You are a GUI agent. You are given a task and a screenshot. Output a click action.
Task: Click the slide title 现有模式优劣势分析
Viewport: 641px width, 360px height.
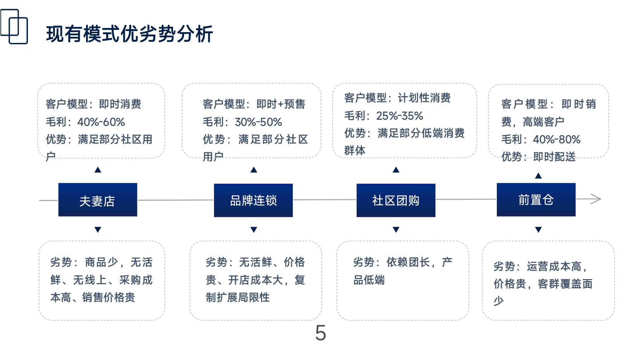pyautogui.click(x=130, y=34)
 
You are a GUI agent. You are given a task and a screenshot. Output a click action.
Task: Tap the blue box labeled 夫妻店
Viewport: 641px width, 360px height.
pyautogui.click(x=98, y=200)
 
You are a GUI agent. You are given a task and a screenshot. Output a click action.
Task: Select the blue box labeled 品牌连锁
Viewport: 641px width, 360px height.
pyautogui.click(x=253, y=200)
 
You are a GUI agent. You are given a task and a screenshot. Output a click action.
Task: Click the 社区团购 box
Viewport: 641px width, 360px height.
pyautogui.click(x=396, y=200)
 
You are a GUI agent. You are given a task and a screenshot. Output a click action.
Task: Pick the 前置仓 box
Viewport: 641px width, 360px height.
pyautogui.click(x=536, y=200)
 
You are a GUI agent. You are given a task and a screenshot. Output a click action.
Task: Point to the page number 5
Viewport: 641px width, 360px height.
pyautogui.click(x=320, y=333)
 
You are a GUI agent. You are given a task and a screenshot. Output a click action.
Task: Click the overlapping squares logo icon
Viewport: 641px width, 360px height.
pyautogui.click(x=14, y=27)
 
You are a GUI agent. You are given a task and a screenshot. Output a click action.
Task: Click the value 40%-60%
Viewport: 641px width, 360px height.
pyautogui.click(x=101, y=122)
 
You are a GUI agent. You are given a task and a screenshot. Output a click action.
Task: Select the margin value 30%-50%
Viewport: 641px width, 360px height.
pyautogui.click(x=258, y=122)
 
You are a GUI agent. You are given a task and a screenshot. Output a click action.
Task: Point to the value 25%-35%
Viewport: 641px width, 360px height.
pyautogui.click(x=399, y=116)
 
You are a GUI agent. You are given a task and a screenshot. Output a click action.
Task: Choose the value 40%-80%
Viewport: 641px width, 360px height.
pyautogui.click(x=556, y=140)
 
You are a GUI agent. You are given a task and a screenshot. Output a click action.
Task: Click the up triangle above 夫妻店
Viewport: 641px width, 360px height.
pyautogui.click(x=98, y=170)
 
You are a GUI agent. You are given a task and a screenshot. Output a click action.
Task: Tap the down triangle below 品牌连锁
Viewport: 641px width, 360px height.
pyautogui.click(x=254, y=229)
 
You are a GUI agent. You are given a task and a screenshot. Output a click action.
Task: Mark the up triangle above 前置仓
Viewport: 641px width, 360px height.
pyautogui.click(x=538, y=176)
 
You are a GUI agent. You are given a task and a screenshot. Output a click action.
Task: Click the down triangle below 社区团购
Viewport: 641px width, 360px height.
pyautogui.click(x=396, y=229)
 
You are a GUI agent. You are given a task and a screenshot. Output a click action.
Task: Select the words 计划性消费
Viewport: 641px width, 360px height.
pyautogui.click(x=424, y=98)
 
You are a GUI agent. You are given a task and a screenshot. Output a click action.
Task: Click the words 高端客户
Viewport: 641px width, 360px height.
pyautogui.click(x=543, y=122)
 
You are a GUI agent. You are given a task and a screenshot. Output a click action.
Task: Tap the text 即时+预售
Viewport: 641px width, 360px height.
pyautogui.click(x=281, y=104)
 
